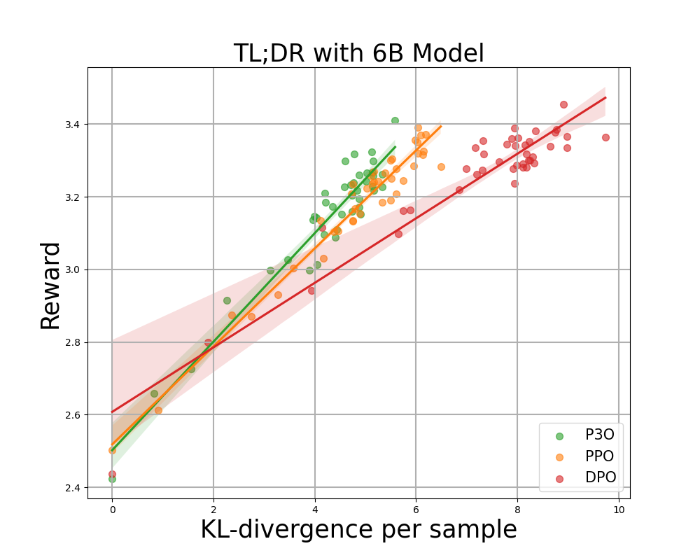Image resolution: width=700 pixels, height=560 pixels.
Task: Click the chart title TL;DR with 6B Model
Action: click(358, 53)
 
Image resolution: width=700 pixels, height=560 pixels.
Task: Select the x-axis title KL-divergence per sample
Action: click(358, 530)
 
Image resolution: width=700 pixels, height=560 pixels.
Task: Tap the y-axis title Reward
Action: click(50, 285)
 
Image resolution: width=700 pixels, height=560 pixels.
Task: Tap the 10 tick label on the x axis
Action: click(618, 510)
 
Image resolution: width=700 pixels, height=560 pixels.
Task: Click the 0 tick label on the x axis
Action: click(112, 510)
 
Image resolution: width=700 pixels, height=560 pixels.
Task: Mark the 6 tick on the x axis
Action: click(416, 510)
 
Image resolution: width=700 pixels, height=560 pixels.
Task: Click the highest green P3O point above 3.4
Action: click(395, 120)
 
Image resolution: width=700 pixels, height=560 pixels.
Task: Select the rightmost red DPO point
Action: click(605, 137)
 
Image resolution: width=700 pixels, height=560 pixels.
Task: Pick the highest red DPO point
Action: click(563, 104)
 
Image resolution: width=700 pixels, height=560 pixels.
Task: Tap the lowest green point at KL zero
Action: click(112, 479)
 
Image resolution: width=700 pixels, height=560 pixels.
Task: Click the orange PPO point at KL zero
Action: click(112, 450)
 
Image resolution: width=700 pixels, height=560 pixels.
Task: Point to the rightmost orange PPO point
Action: click(441, 167)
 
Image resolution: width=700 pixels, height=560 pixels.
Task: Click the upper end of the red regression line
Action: click(605, 97)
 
